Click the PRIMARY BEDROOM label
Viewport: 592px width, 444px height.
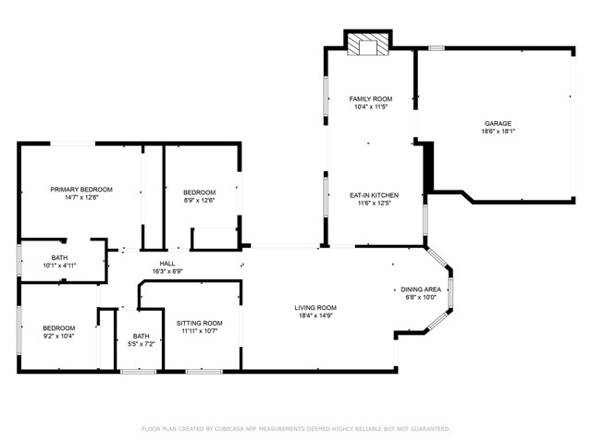click(81, 189)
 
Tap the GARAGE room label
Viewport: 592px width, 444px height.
click(498, 123)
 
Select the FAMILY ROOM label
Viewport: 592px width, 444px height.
click(370, 99)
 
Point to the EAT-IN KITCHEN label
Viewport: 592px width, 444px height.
click(374, 195)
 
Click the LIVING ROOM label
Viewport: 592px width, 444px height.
click(315, 308)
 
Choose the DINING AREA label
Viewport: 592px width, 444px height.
click(420, 290)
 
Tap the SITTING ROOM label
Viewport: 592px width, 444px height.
click(200, 323)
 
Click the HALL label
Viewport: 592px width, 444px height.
click(166, 264)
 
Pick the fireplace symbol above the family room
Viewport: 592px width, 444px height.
click(369, 46)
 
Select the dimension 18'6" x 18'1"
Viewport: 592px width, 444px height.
click(498, 131)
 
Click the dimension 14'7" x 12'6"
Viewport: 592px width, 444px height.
click(81, 197)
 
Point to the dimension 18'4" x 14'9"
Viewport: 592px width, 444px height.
click(315, 316)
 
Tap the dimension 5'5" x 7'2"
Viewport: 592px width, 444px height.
click(141, 344)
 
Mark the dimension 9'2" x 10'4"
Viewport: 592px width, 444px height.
click(59, 337)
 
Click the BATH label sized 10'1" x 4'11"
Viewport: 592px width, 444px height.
click(59, 257)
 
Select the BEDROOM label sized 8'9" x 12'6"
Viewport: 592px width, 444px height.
click(199, 192)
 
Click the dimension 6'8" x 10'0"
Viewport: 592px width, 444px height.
click(420, 298)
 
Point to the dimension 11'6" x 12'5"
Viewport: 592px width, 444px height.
click(374, 203)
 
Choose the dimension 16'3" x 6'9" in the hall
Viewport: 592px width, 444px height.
click(166, 272)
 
